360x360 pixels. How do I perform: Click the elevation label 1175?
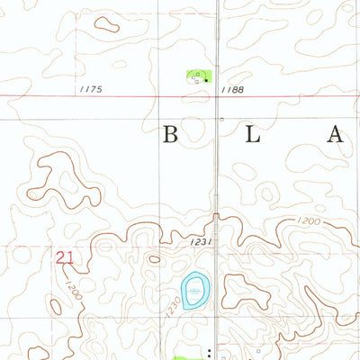point(92,89)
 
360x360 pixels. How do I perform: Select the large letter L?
point(255,136)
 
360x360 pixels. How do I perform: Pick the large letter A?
point(336,136)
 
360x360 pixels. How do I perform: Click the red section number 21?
point(64,257)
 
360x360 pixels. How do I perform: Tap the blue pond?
point(193,292)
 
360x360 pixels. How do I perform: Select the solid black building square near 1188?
point(206,80)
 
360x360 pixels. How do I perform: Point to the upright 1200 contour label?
point(308,221)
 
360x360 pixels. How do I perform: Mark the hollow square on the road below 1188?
point(220,118)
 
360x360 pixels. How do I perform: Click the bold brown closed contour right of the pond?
point(240,290)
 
